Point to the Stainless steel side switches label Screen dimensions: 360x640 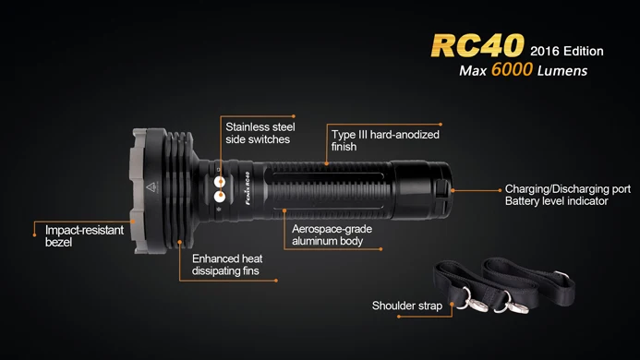point(258,132)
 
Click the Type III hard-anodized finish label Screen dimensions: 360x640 point(385,139)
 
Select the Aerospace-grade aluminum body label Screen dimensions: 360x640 point(326,234)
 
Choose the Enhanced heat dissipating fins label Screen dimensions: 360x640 point(226,266)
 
